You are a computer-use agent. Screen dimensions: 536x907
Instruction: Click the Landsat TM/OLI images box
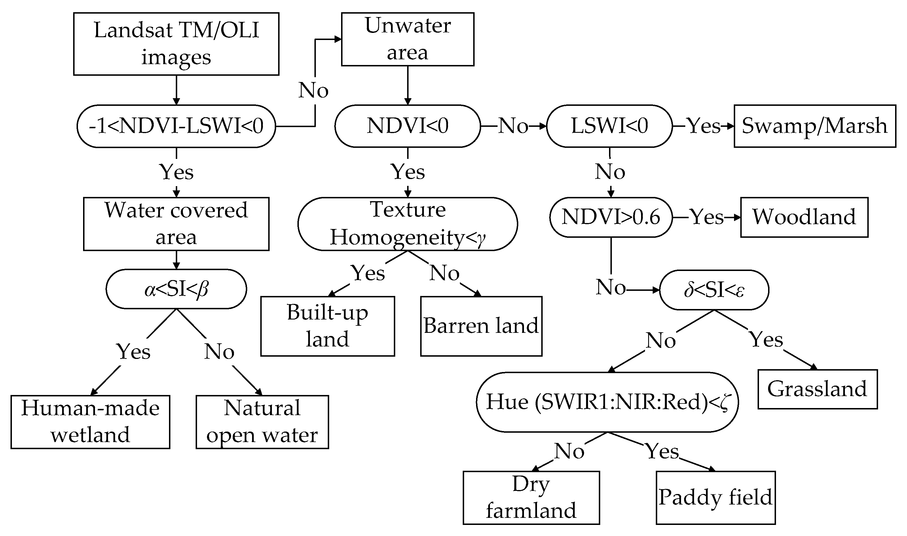pyautogui.click(x=176, y=44)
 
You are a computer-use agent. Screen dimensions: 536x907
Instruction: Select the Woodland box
pyautogui.click(x=804, y=217)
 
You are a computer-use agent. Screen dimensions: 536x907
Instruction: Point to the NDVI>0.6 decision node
pyautogui.click(x=611, y=217)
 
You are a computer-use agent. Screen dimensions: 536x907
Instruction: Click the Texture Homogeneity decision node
pyautogui.click(x=407, y=224)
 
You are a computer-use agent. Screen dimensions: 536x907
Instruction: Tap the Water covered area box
pyautogui.click(x=176, y=224)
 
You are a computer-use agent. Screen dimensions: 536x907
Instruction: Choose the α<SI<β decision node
pyautogui.click(x=176, y=289)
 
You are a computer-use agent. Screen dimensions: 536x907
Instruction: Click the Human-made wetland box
pyautogui.click(x=90, y=422)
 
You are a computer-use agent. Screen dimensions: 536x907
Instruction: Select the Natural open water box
pyautogui.click(x=262, y=422)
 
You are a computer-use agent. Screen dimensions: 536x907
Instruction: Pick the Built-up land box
pyautogui.click(x=327, y=326)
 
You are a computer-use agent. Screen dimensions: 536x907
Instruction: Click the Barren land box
pyautogui.click(x=481, y=326)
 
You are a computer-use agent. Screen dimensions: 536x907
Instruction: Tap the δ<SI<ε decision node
pyautogui.click(x=714, y=290)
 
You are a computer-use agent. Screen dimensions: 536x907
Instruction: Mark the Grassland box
pyautogui.click(x=817, y=389)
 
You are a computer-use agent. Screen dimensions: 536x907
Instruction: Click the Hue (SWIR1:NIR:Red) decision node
pyautogui.click(x=607, y=402)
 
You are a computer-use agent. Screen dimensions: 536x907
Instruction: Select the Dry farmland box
pyautogui.click(x=531, y=497)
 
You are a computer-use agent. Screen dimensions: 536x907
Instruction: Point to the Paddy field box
pyautogui.click(x=715, y=497)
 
